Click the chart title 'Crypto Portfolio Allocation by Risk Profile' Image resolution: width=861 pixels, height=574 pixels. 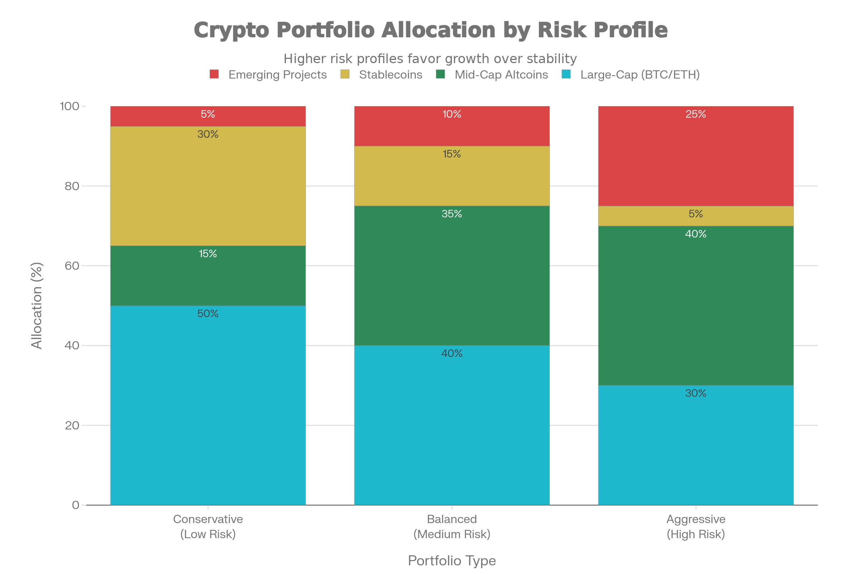[430, 30]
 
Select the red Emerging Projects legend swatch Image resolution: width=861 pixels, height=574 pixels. [214, 74]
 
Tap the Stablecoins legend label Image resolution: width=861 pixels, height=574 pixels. [390, 75]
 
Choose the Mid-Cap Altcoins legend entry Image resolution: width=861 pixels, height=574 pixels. [501, 75]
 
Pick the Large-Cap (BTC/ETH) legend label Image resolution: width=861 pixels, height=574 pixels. [640, 75]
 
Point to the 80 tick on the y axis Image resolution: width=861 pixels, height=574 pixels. [72, 186]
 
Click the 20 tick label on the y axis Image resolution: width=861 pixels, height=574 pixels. [72, 425]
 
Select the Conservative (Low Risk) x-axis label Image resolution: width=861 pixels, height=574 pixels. [208, 526]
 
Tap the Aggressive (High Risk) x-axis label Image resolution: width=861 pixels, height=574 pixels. [696, 526]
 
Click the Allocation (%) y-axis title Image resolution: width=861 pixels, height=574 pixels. [37, 306]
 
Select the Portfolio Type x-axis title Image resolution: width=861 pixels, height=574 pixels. [452, 560]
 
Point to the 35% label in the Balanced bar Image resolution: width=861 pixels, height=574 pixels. [452, 214]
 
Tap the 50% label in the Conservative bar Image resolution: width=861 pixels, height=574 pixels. [208, 314]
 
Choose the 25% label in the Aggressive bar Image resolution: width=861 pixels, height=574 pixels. [696, 114]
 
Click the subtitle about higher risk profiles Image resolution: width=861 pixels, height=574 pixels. [430, 58]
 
